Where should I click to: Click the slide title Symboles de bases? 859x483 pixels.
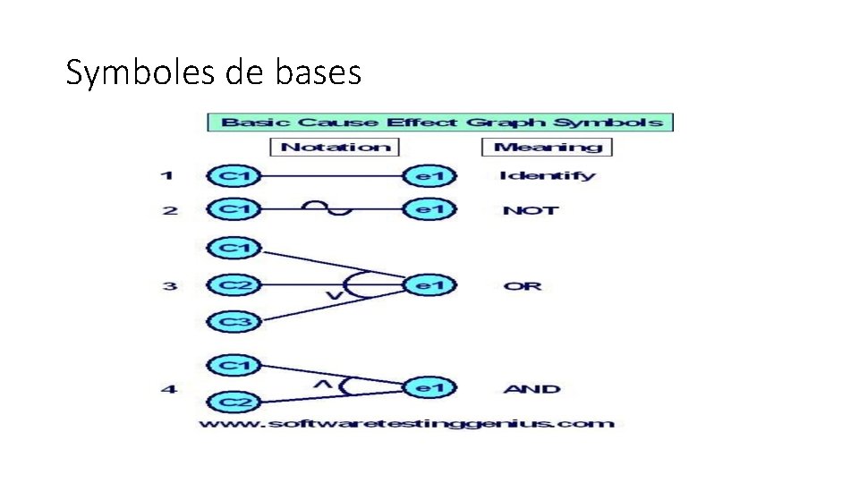coord(213,72)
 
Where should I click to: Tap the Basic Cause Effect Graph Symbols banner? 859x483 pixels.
coord(440,122)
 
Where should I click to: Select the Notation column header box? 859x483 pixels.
coord(336,147)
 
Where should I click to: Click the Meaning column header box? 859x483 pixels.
coord(547,147)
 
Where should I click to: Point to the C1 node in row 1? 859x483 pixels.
coord(234,176)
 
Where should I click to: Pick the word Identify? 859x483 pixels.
coord(546,176)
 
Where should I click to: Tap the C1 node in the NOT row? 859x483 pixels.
coord(234,210)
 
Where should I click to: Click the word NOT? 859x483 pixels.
coord(531,211)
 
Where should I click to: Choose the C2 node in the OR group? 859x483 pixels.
coord(234,286)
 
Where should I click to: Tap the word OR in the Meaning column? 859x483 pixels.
coord(523,287)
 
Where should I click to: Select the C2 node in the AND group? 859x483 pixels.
coord(234,402)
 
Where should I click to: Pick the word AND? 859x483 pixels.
coord(532,389)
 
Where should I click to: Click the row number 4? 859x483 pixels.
coord(167,389)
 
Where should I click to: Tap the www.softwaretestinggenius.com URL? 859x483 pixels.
coord(405,423)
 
